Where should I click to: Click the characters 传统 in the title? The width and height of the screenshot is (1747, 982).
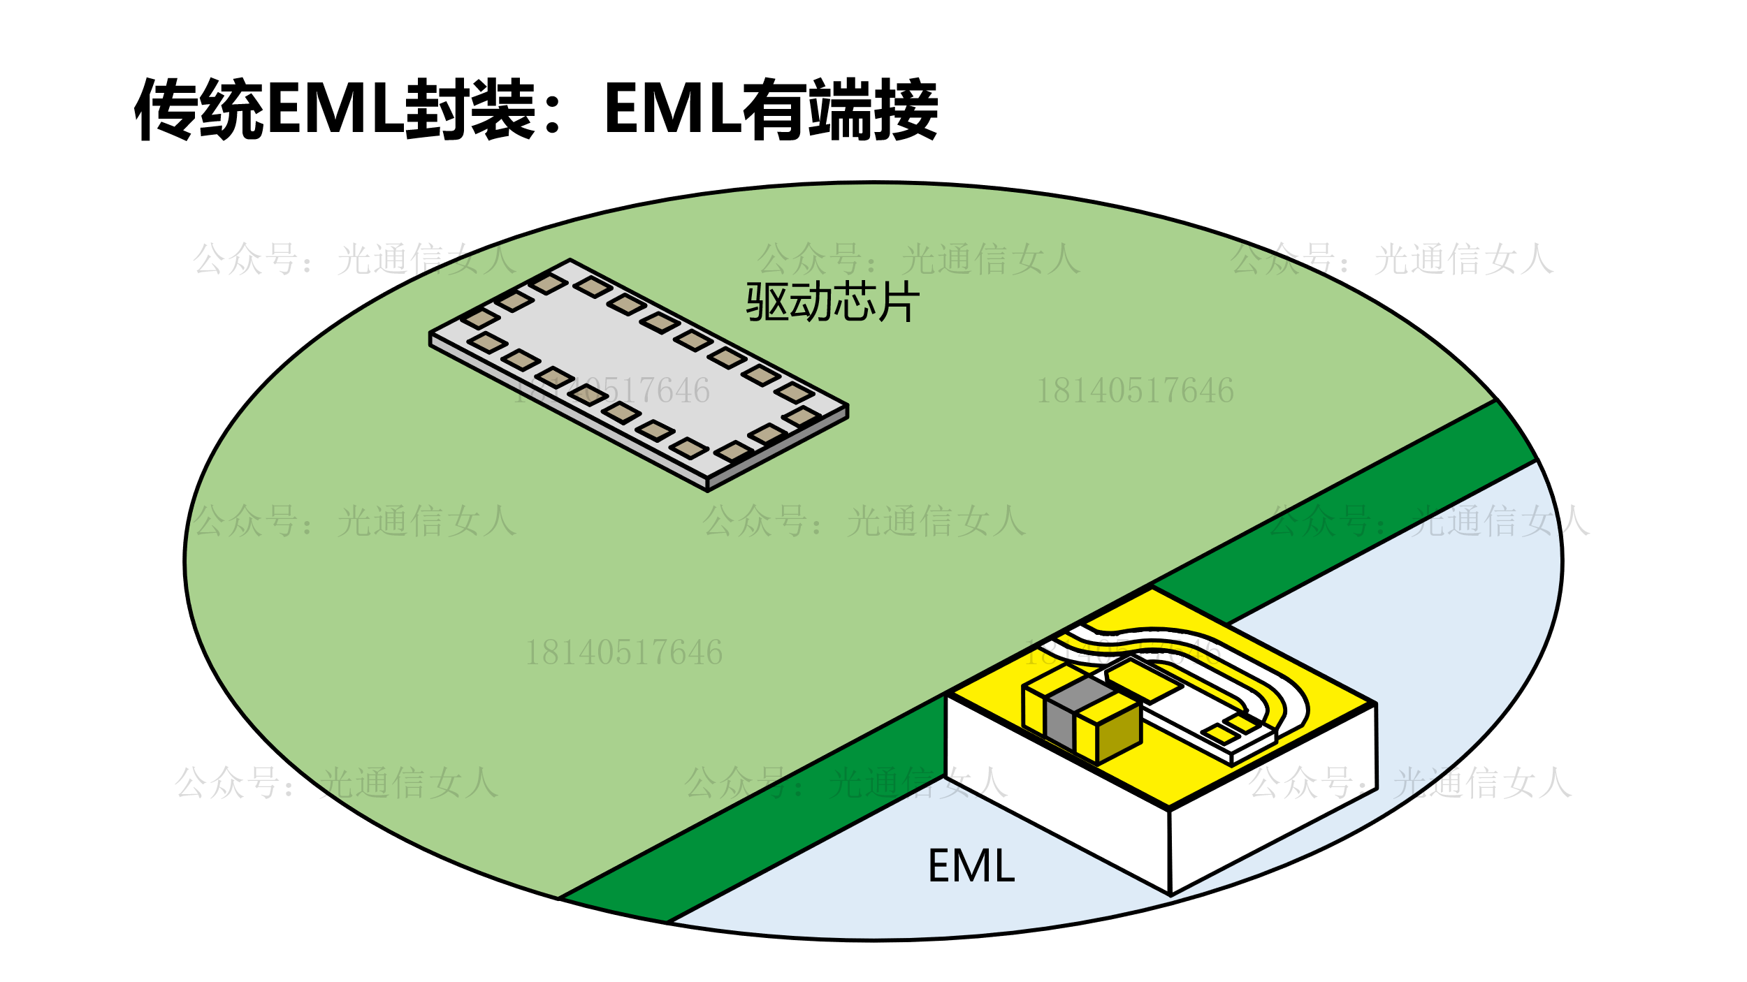point(199,109)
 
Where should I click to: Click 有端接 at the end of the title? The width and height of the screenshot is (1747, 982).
point(839,109)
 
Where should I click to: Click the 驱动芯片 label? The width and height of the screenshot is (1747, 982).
point(832,302)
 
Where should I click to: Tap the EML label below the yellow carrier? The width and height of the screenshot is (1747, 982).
point(971,866)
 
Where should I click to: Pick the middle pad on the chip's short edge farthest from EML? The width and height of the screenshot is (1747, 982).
point(514,301)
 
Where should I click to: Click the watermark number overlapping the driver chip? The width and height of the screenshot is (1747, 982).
point(612,390)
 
